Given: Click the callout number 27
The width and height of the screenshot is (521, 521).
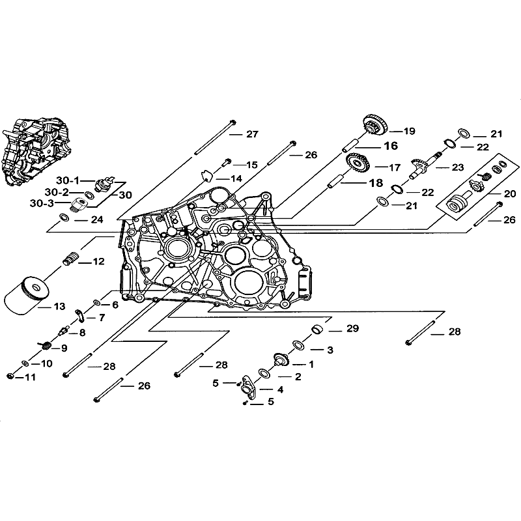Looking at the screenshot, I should (x=252, y=135).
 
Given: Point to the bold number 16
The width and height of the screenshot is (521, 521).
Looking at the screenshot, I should (x=389, y=146).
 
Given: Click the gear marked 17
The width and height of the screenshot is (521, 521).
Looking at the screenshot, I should (x=357, y=163).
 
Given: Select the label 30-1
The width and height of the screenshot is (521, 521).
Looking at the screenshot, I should (x=66, y=180).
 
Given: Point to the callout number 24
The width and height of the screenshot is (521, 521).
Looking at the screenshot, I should (x=96, y=220).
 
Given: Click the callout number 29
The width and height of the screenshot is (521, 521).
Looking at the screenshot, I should (x=352, y=329).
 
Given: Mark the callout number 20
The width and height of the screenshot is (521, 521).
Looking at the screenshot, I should (x=509, y=193).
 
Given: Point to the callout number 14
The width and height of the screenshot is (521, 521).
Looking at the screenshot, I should (x=235, y=178).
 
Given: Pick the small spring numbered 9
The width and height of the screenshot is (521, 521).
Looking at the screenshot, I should (x=46, y=344).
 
